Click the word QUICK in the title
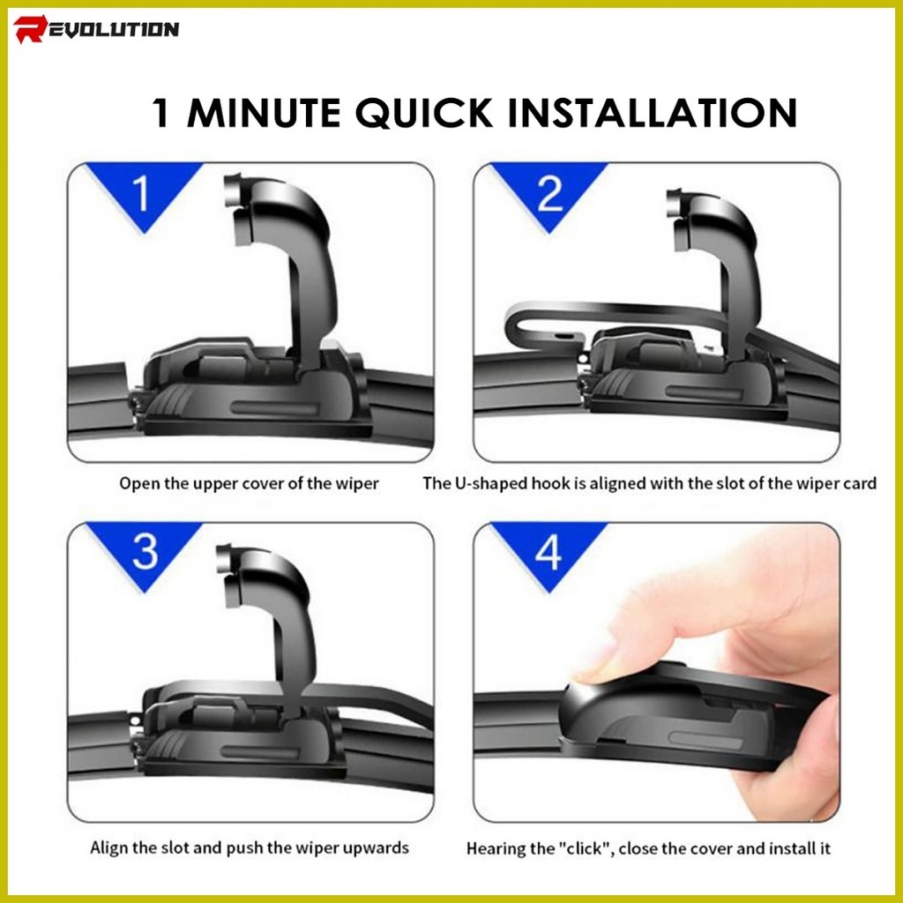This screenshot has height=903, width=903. pos(424,112)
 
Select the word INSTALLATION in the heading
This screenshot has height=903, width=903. pos(653,112)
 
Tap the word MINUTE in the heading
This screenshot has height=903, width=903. pos(264,112)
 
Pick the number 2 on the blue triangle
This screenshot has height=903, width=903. pos(549,194)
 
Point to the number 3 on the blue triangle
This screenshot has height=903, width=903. pos(145,552)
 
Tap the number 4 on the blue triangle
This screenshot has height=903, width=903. pos(549,552)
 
